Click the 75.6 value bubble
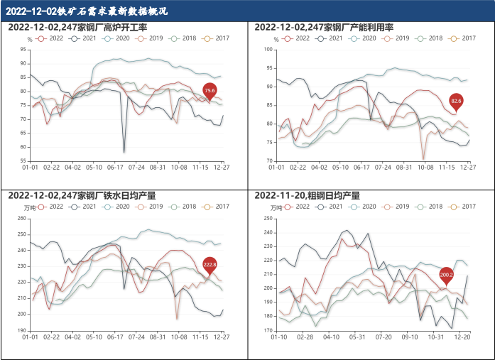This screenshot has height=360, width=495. [x=210, y=91]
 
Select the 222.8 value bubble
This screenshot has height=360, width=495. [x=210, y=264]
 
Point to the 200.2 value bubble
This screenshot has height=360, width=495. [x=446, y=274]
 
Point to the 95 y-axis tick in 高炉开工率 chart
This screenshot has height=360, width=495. [x=23, y=49]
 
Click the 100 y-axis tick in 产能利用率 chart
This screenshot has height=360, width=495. [x=269, y=49]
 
